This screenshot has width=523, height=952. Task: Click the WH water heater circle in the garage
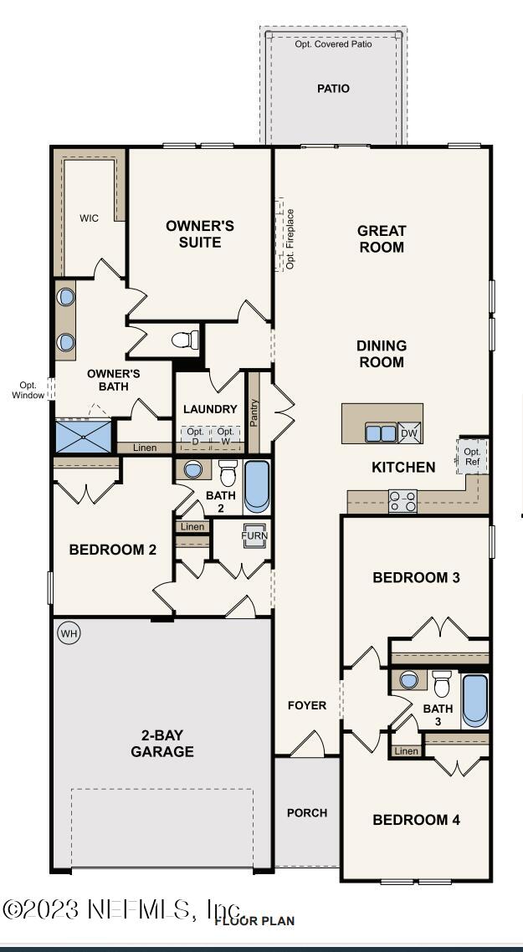(x=69, y=634)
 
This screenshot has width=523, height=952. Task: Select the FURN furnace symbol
(x=254, y=536)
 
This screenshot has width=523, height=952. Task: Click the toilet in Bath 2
(x=228, y=473)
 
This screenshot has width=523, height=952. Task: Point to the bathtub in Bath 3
(x=474, y=701)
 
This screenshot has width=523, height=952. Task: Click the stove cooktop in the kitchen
(x=403, y=501)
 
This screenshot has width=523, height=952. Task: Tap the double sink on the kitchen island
(x=380, y=432)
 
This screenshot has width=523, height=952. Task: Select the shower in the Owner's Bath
(x=84, y=436)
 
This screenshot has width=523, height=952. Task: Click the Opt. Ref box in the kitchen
(x=473, y=456)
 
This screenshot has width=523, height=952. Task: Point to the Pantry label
(x=254, y=413)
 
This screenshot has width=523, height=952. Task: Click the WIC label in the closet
(x=90, y=218)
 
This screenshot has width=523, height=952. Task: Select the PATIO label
(x=334, y=89)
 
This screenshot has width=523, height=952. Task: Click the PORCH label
(x=307, y=812)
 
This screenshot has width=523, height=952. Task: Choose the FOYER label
(x=307, y=705)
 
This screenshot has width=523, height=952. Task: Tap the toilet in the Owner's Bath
(x=186, y=340)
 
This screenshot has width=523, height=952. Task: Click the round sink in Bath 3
(x=409, y=679)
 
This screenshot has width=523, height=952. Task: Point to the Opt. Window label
(x=28, y=390)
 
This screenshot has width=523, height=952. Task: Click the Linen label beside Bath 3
(x=407, y=751)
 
